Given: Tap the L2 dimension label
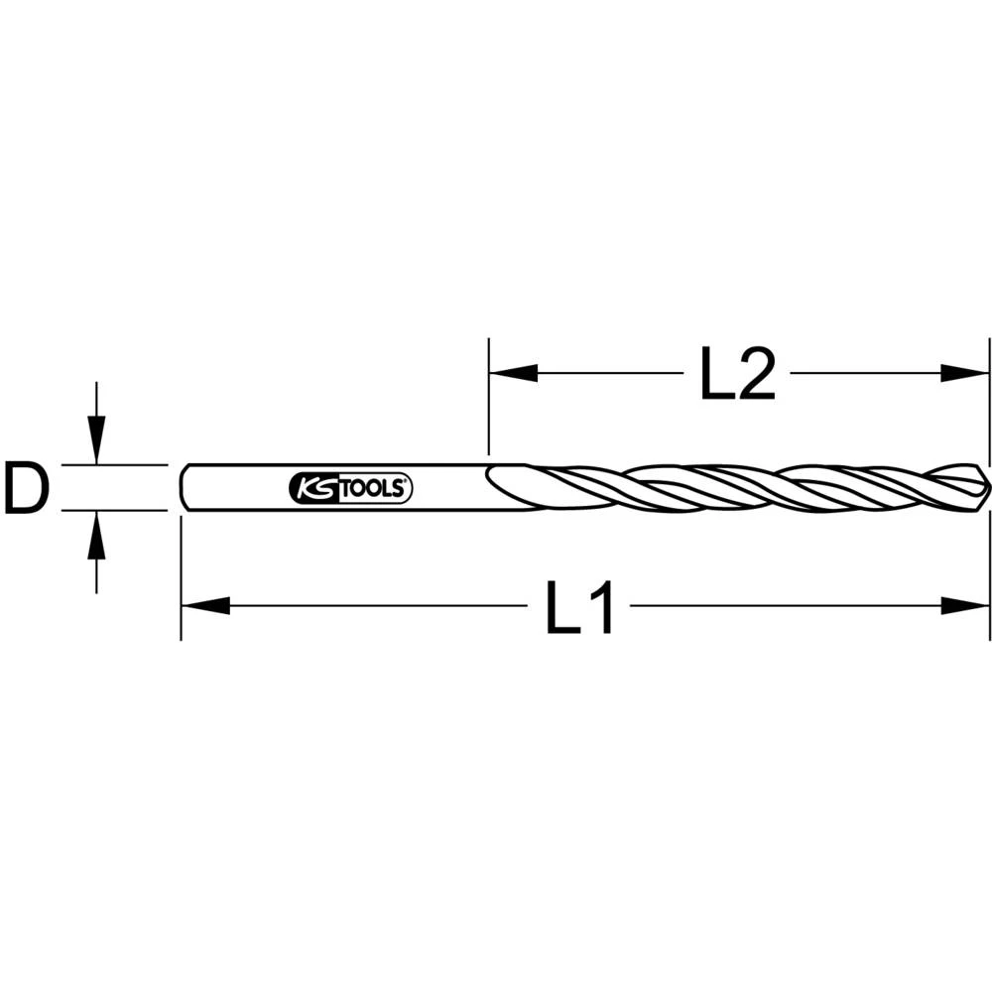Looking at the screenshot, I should click(736, 374).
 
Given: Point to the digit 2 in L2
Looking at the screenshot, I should click(756, 374).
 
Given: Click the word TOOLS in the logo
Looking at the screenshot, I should click(375, 488).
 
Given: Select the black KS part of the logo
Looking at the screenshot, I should click(314, 488).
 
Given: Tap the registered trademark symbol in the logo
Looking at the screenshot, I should click(406, 481).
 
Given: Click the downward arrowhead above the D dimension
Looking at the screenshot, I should click(95, 438).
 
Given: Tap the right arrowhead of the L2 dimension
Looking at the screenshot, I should click(965, 374).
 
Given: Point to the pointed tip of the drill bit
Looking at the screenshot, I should click(987, 487).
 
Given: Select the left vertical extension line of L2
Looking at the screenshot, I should click(488, 397).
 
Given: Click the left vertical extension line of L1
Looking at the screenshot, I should click(181, 575).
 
